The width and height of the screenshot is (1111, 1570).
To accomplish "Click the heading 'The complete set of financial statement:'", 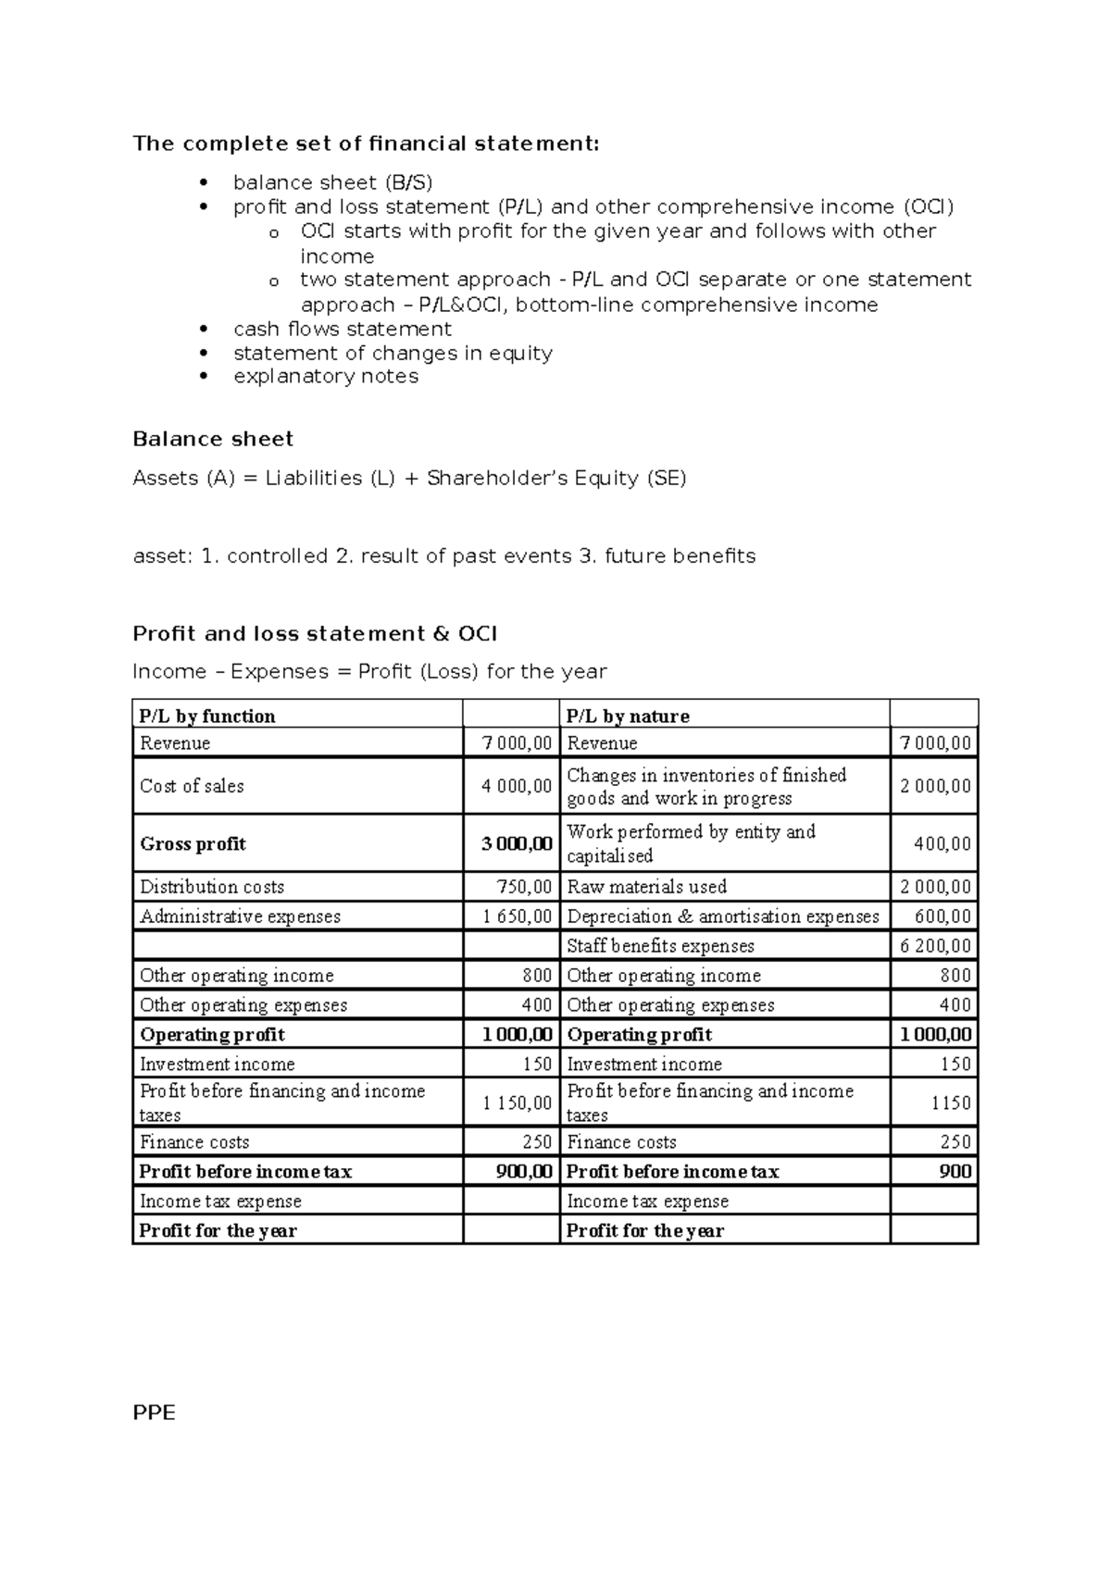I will point(366,143).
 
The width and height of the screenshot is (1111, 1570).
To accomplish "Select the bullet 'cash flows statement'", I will point(342,329).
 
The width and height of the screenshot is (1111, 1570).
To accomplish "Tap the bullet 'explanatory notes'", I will point(325,376).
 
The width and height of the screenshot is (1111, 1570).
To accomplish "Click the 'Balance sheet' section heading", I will point(213,439).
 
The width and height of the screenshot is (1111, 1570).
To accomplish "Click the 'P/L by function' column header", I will point(207,716).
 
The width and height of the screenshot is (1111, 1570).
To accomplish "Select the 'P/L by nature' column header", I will point(628,716).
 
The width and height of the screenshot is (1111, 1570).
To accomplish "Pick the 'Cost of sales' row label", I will point(192,786).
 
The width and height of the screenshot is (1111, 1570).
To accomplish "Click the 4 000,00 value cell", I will point(517,786).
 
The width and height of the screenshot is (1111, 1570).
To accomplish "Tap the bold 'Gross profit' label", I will point(193,843).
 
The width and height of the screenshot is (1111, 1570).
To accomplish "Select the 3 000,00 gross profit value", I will point(517,843).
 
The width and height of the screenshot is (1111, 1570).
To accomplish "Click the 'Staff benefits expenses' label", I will point(660,945).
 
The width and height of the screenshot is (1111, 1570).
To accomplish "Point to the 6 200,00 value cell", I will point(935,945).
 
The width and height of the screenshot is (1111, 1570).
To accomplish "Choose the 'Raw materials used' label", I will point(646,886).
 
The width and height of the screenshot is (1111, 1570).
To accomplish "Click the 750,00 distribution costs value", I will point(524,886).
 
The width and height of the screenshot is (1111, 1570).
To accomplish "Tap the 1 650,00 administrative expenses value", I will point(517,916).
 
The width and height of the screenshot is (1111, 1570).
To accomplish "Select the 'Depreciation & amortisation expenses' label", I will point(722,916).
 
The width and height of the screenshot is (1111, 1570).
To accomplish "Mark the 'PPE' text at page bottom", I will point(154,1413).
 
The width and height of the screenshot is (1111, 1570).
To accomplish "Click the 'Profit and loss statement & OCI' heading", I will point(315,633).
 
